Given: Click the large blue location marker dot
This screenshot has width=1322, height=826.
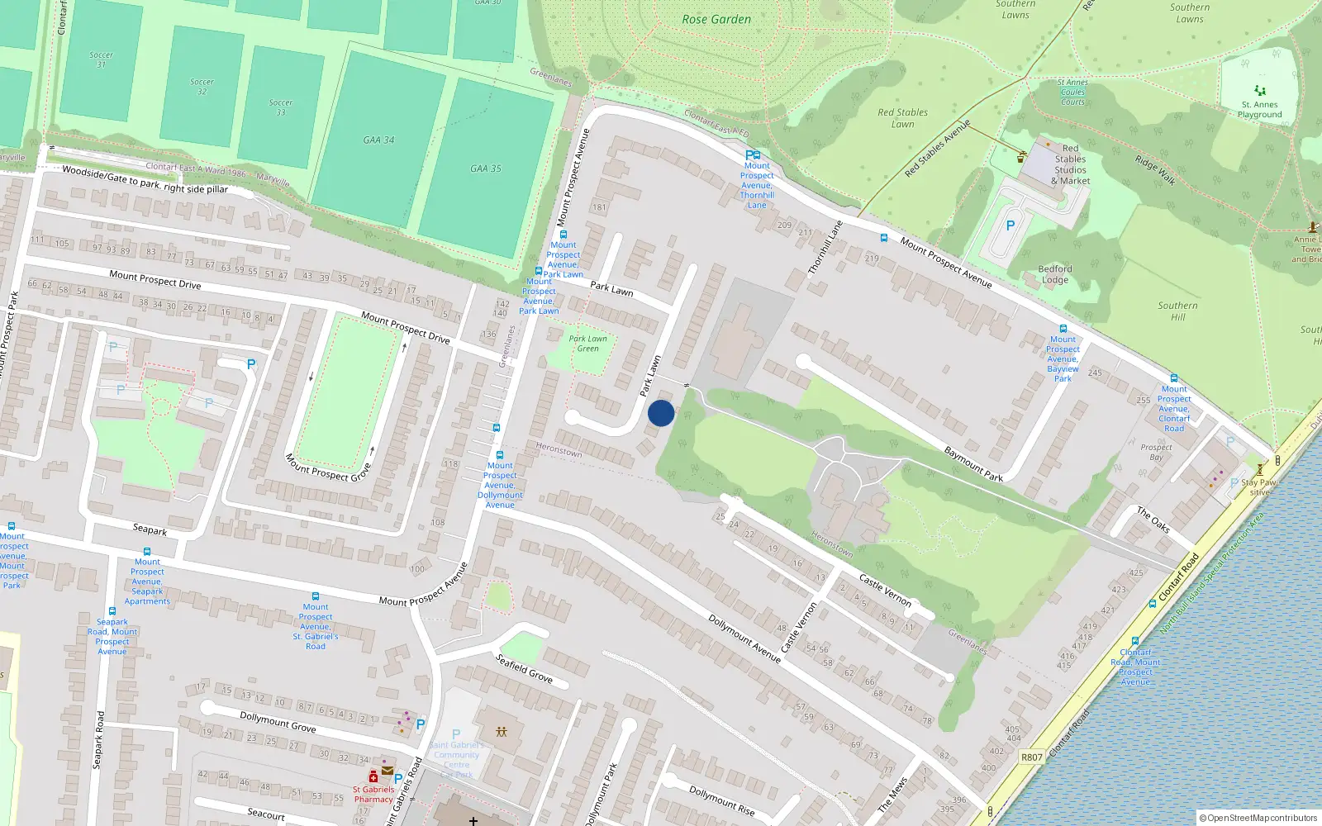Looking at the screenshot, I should (661, 413).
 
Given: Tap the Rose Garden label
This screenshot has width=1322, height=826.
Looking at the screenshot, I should (716, 19).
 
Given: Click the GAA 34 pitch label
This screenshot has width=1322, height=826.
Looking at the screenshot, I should (378, 140).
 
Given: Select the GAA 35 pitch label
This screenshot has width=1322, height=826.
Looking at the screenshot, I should (486, 169).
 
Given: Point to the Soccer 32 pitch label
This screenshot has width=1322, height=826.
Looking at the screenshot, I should (202, 86).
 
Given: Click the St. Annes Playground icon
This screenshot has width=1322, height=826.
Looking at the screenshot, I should (1259, 91).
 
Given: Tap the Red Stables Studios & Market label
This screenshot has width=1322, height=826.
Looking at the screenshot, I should (1070, 165).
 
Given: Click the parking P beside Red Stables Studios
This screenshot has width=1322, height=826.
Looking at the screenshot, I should (1010, 225).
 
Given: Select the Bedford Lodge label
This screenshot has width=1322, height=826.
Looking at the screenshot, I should (1055, 274).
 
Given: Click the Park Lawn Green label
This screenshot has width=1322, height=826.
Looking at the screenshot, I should (588, 344).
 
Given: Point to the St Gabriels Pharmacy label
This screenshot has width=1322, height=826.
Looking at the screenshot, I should (373, 795).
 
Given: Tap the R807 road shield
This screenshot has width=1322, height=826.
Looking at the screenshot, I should (1032, 757).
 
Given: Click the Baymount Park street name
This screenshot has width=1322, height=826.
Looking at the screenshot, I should (973, 464).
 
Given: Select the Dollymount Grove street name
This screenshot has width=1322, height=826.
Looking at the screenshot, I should (278, 722).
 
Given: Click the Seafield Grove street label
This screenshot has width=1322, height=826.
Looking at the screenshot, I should (524, 668).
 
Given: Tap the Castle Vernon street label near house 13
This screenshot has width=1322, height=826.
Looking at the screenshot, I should (885, 590).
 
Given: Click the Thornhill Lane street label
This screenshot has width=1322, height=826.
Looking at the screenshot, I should (825, 248).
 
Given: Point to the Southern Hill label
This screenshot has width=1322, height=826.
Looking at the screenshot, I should (1177, 311).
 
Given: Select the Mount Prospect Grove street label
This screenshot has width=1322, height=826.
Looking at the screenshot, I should (328, 468).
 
